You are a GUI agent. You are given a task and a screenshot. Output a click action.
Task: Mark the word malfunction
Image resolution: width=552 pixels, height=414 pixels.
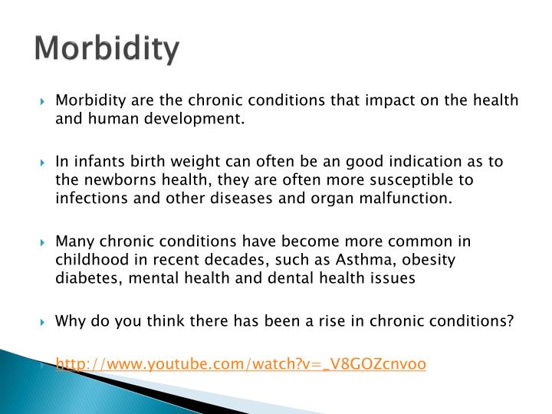tap(411, 199)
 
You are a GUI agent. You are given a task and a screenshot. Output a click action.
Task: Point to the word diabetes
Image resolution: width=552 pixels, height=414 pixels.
tap(84, 279)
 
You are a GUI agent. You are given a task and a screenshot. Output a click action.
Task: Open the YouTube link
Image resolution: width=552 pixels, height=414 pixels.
tap(241, 364)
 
